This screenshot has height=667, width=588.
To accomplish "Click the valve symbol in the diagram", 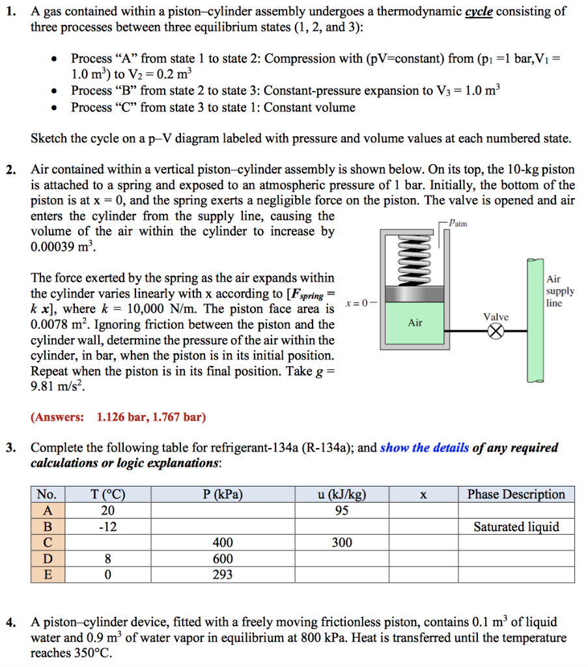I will (497, 332).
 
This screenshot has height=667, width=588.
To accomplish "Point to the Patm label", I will (458, 223).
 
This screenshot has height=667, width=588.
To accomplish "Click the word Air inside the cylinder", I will (415, 322).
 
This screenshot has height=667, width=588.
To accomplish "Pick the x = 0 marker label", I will (360, 303).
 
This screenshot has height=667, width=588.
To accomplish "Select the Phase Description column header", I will (516, 494).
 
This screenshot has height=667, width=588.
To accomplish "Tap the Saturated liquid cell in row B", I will (516, 527).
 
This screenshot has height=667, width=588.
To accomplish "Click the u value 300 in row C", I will (341, 543).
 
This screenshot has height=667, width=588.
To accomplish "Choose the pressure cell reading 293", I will (223, 575).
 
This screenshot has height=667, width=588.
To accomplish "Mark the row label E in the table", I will (48, 575).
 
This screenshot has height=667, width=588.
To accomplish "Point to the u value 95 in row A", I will (341, 511).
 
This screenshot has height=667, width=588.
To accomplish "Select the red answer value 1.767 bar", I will (177, 417).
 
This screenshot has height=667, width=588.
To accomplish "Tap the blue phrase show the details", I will (424, 447).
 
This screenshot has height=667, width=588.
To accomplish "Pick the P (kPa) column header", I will (223, 494).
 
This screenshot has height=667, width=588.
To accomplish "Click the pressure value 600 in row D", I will (223, 559).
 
